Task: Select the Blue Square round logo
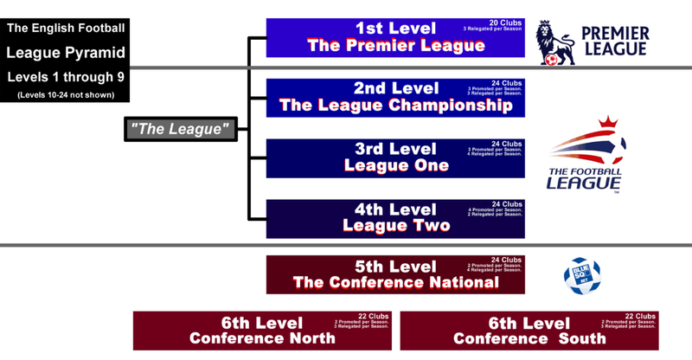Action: click(x=581, y=273)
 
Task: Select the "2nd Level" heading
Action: click(x=394, y=88)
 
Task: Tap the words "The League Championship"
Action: click(x=395, y=106)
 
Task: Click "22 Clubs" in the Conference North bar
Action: click(x=374, y=316)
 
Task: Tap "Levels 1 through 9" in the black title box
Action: click(x=65, y=75)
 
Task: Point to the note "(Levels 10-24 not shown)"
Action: click(x=65, y=94)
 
